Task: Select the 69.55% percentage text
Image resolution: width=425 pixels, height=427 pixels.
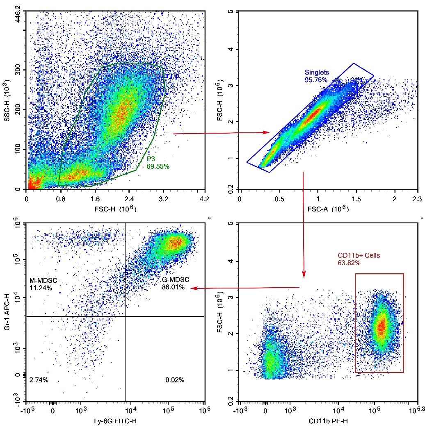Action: coord(158,166)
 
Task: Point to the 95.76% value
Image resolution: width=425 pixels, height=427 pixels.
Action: coord(316,79)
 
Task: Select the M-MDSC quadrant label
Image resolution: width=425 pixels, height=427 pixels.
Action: coord(43,281)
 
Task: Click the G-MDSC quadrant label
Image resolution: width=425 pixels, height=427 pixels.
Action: coord(175,280)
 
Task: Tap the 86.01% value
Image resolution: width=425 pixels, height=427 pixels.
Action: coord(173,288)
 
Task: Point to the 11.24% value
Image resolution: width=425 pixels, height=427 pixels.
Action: coord(41,288)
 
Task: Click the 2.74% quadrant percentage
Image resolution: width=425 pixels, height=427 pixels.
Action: coord(39,380)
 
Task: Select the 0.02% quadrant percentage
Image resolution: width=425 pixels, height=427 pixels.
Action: coord(175,380)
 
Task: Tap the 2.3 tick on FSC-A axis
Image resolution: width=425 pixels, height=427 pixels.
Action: coord(417,199)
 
